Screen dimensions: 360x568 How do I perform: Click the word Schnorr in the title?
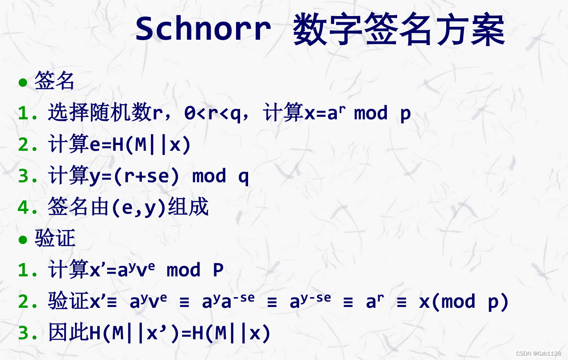click(203, 29)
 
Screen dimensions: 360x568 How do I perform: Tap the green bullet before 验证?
click(23, 240)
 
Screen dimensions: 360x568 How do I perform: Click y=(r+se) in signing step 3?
click(134, 176)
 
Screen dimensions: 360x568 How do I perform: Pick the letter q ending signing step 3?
click(243, 177)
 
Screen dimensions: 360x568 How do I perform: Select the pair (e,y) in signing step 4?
click(138, 208)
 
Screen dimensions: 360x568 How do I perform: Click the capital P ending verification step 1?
click(218, 270)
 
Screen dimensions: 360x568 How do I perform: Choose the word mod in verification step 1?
click(183, 270)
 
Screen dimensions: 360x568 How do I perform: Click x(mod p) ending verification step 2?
click(464, 302)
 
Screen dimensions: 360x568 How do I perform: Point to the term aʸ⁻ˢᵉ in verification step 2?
click(310, 302)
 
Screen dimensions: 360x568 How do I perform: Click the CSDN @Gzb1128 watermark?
click(539, 353)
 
